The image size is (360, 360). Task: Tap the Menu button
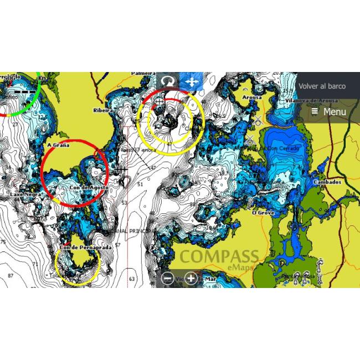coord(329,112)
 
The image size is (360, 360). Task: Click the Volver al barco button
coord(322,86)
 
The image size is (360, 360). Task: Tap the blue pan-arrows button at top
coord(191,81)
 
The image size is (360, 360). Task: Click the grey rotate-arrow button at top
coord(168,81)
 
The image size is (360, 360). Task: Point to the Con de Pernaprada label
coord(86,248)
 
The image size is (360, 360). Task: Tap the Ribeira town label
coord(102,110)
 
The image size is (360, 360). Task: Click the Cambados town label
coord(327,182)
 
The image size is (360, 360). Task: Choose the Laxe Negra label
coord(24,195)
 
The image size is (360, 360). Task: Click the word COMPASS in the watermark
coord(219,256)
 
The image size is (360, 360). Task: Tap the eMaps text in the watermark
coord(240,268)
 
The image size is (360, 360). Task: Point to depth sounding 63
coord(132,279)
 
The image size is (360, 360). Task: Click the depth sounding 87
coord(11,275)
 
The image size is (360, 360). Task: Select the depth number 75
coord(3,243)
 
